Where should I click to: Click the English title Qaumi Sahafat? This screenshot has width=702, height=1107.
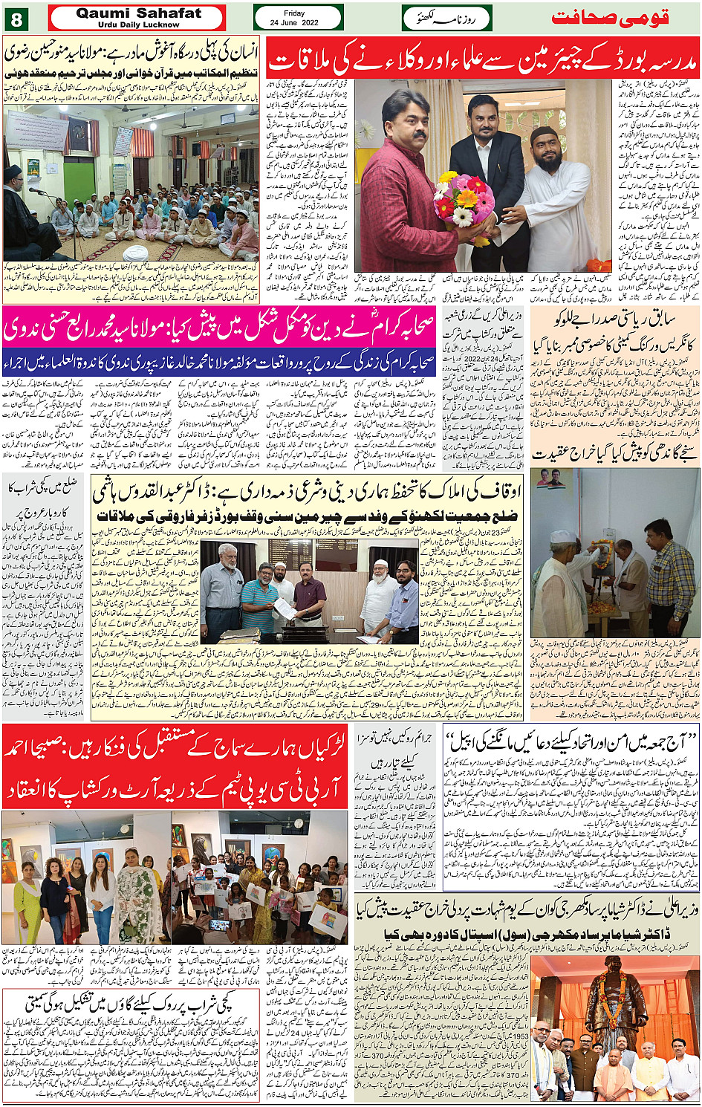tap(138, 13)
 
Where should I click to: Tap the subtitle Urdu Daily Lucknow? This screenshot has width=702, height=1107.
tap(138, 25)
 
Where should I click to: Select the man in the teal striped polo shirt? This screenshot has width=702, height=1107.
tap(256, 594)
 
